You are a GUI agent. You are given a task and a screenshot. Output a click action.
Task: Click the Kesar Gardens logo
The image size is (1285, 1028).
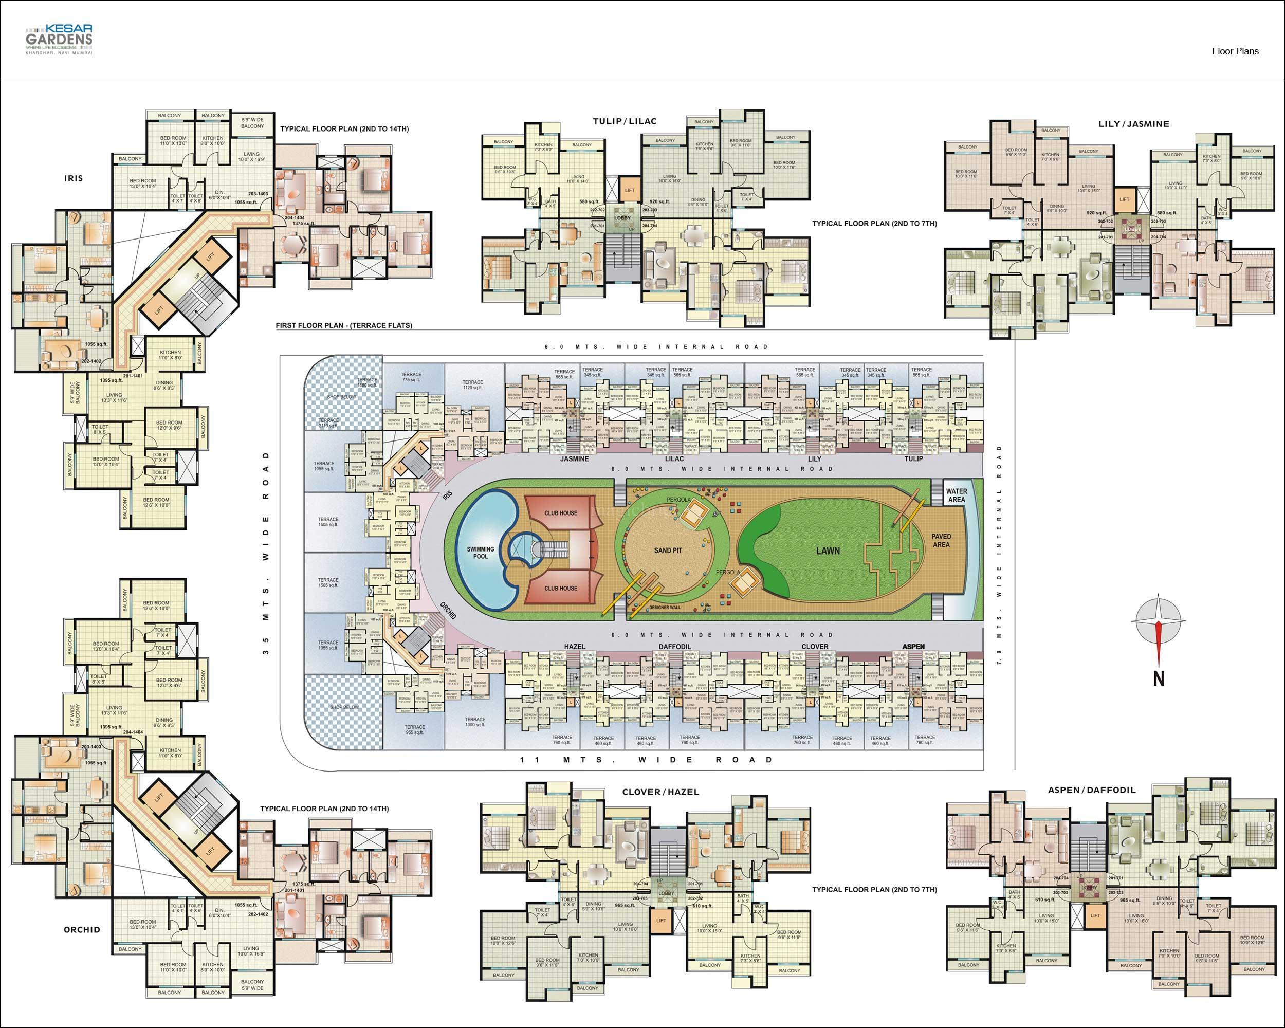click(59, 40)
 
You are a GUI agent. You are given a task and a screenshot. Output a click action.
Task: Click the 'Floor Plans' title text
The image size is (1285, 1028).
click(1235, 51)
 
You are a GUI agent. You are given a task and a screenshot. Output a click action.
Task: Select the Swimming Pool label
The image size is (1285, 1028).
click(481, 553)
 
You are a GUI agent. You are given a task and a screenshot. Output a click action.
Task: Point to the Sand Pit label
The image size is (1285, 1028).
click(668, 550)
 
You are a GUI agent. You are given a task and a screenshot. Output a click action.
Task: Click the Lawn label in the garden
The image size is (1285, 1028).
click(828, 550)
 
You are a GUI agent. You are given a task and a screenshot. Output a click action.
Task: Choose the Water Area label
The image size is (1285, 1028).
click(956, 495)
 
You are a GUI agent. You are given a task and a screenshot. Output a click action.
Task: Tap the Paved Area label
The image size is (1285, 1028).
click(941, 541)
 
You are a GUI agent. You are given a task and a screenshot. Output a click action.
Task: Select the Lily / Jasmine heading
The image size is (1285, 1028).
click(1133, 124)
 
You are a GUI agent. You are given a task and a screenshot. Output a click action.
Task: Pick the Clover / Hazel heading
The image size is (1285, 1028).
click(660, 792)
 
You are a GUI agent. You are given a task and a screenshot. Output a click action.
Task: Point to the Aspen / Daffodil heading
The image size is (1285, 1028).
click(1092, 790)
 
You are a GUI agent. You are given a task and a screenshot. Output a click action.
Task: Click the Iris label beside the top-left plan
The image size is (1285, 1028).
click(74, 178)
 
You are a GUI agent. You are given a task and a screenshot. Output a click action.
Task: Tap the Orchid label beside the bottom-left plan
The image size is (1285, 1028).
click(82, 930)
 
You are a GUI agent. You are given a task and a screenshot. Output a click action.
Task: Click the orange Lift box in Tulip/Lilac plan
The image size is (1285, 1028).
click(629, 190)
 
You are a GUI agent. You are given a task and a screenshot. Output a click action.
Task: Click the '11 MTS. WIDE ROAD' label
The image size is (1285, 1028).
click(646, 760)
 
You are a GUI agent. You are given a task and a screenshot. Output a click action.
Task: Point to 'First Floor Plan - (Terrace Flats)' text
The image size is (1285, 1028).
click(343, 325)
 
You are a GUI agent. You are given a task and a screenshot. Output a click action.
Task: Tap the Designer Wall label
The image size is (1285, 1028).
click(665, 607)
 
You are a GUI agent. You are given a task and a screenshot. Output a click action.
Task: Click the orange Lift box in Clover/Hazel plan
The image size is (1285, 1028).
click(661, 920)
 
